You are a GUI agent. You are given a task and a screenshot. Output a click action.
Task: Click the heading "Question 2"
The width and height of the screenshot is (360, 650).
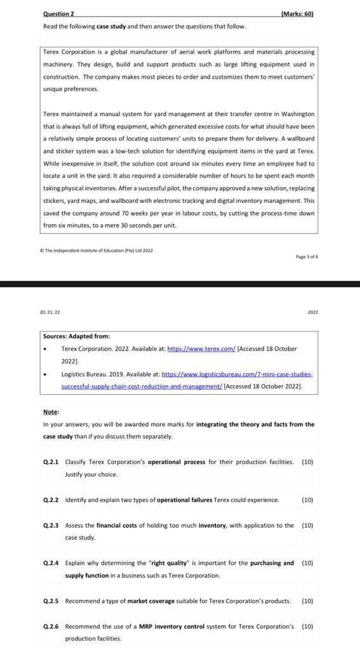[x=58, y=13]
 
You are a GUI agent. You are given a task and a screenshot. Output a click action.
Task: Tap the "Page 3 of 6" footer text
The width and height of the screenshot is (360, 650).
[x=307, y=256]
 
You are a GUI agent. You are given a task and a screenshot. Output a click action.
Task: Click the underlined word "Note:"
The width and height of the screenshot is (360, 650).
[x=51, y=411]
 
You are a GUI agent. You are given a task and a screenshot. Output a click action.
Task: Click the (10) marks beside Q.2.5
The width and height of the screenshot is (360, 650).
[x=307, y=600]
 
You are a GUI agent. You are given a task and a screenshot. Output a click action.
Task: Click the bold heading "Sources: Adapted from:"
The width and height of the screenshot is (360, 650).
[x=76, y=336]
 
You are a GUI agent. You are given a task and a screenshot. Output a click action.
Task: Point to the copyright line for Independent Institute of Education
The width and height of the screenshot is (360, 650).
[x=98, y=250]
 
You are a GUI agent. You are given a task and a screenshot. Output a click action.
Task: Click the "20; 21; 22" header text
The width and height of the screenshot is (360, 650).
[x=50, y=312]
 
